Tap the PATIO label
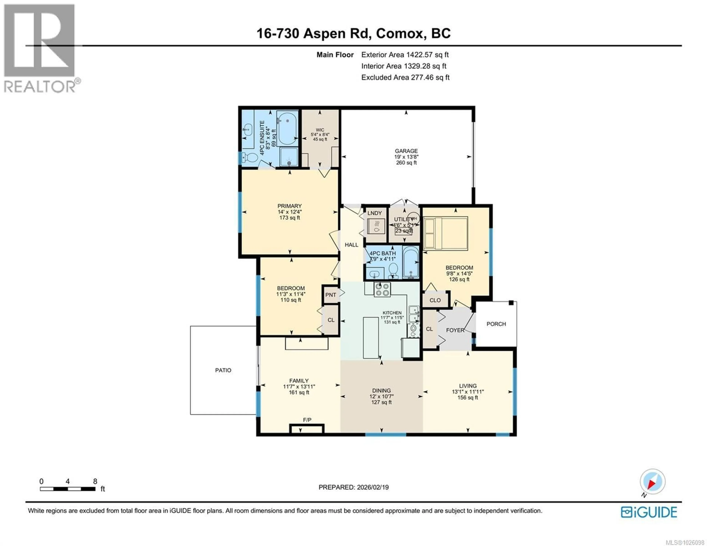point(223,370)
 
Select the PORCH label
point(496,324)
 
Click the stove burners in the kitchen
point(382,289)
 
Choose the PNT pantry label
point(330,295)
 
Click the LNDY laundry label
point(374,213)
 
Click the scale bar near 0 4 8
point(68,489)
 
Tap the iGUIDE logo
point(649,512)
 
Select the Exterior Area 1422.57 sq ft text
point(405,55)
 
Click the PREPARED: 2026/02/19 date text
point(353,487)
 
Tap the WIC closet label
point(320,130)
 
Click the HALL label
point(351,245)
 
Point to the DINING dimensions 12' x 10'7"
point(381,396)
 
